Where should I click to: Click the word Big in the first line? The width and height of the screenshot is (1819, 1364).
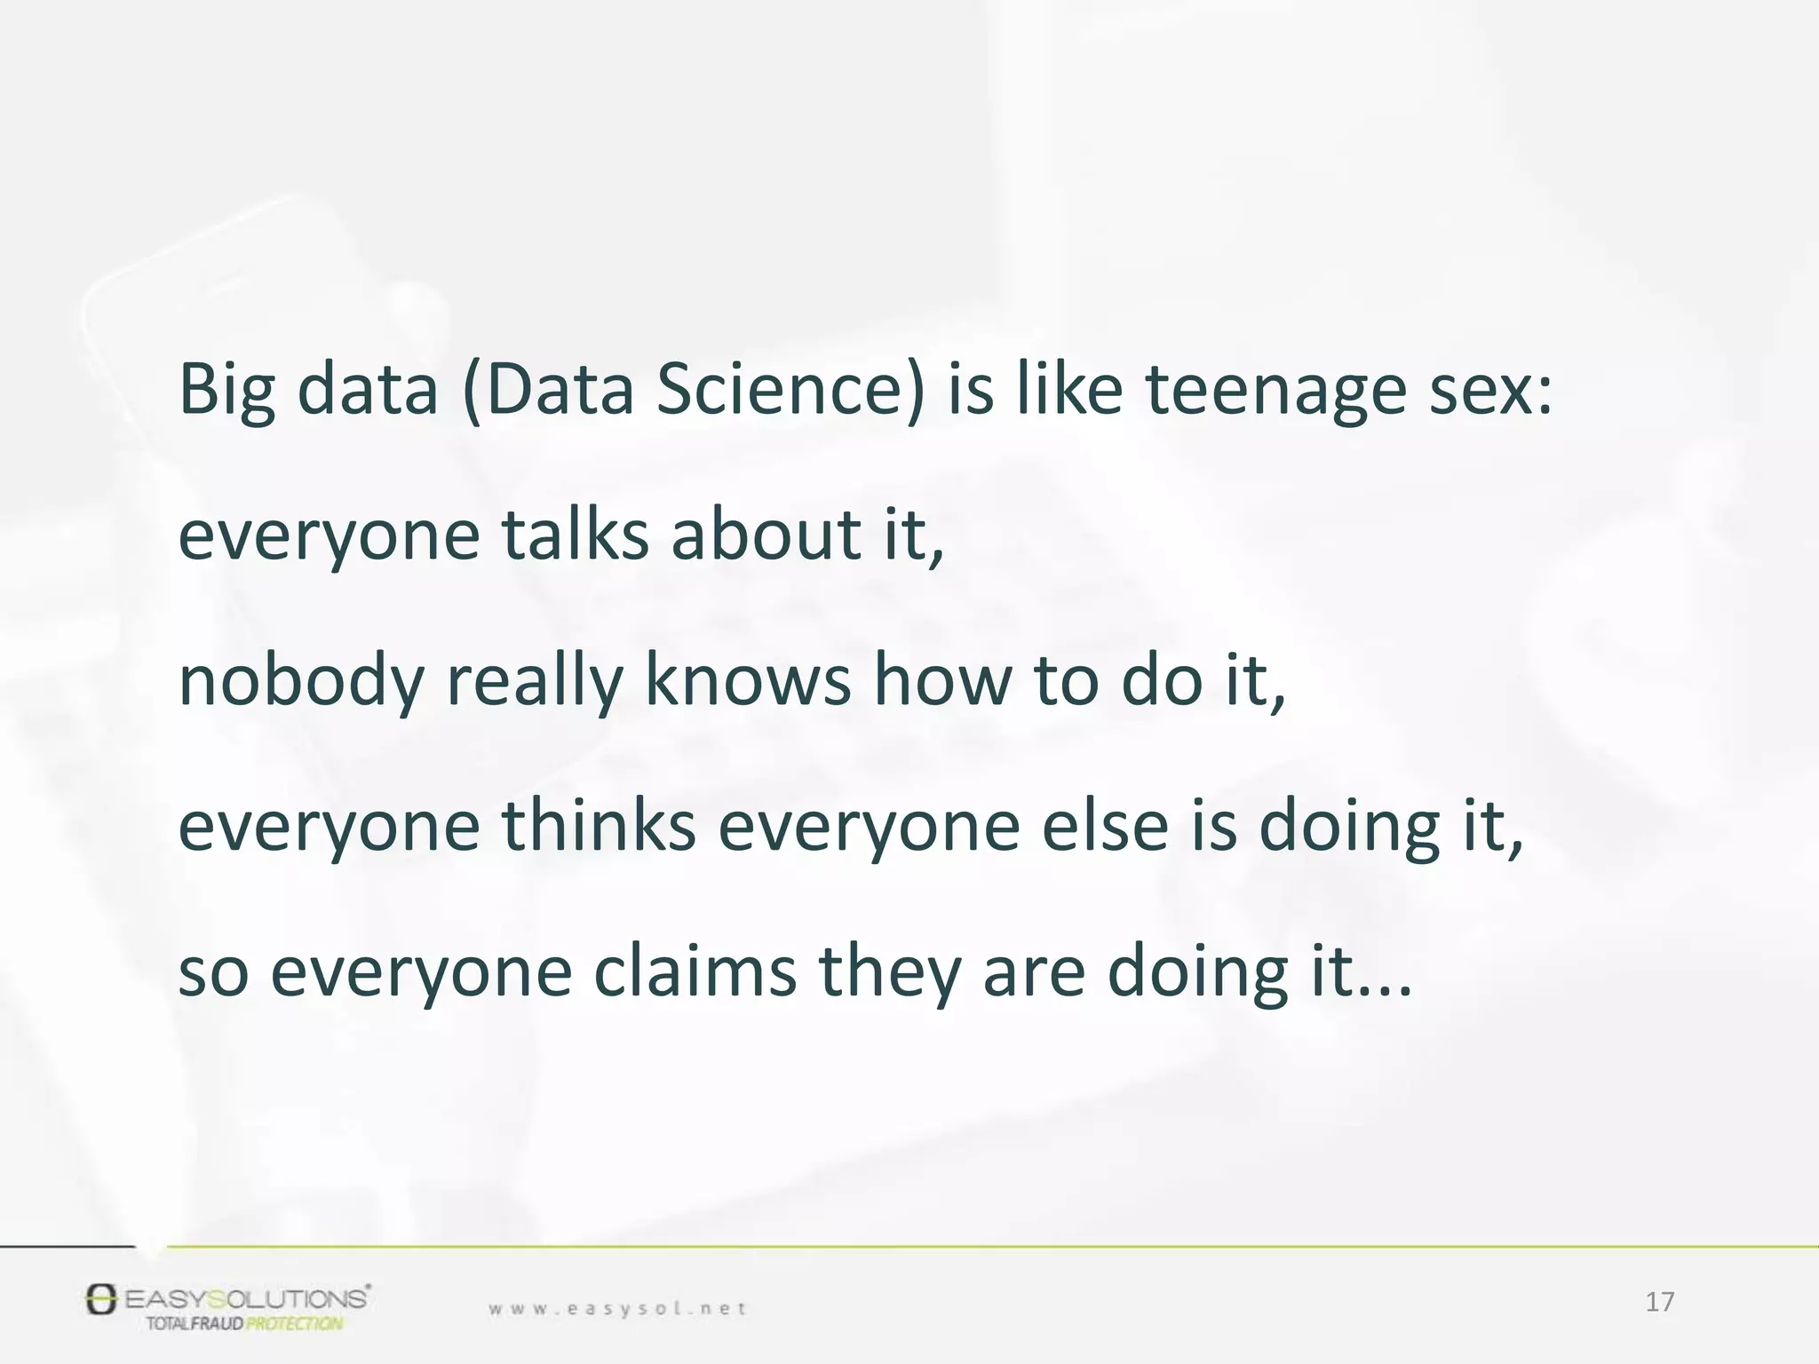click(x=226, y=391)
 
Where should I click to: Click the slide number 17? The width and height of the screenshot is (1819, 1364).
click(x=1659, y=1302)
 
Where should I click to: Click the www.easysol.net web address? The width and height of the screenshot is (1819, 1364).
click(x=617, y=1308)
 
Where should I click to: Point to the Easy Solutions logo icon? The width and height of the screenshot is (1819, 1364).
click(x=101, y=1298)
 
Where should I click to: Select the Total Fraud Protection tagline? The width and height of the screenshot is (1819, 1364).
click(x=244, y=1324)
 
